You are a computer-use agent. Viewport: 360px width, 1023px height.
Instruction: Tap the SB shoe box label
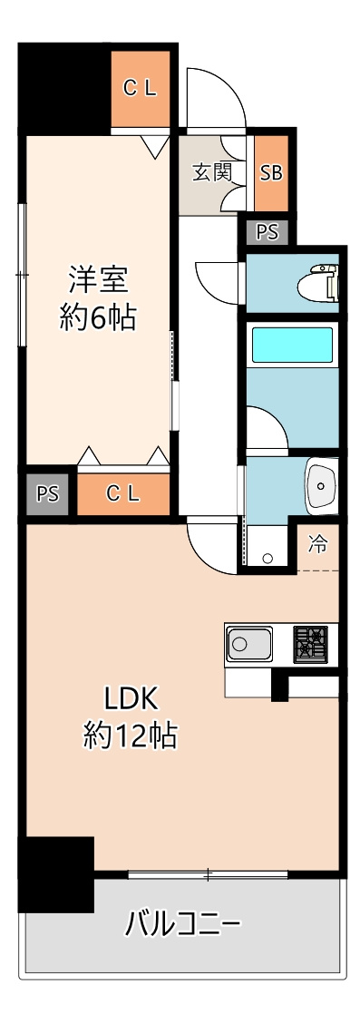tap(271, 173)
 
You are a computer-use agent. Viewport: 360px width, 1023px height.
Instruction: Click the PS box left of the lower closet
tap(47, 494)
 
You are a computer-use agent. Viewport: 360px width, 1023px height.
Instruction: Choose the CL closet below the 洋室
tap(123, 494)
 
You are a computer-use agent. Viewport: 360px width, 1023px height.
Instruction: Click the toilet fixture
tap(318, 283)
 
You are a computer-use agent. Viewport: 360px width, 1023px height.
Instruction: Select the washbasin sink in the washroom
tap(322, 483)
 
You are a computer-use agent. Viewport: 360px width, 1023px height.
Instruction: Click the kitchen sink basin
tap(249, 644)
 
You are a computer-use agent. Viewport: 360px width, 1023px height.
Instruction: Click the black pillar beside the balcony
tap(56, 874)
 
